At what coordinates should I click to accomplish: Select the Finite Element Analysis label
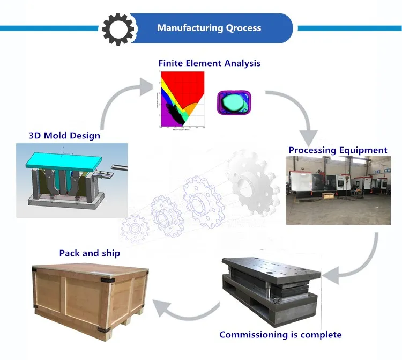(209, 63)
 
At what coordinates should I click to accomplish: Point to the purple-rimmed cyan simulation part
(234, 102)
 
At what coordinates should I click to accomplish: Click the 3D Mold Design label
(64, 135)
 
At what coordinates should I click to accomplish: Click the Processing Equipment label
(338, 150)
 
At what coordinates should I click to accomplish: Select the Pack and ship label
(90, 253)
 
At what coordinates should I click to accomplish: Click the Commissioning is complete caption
(280, 335)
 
